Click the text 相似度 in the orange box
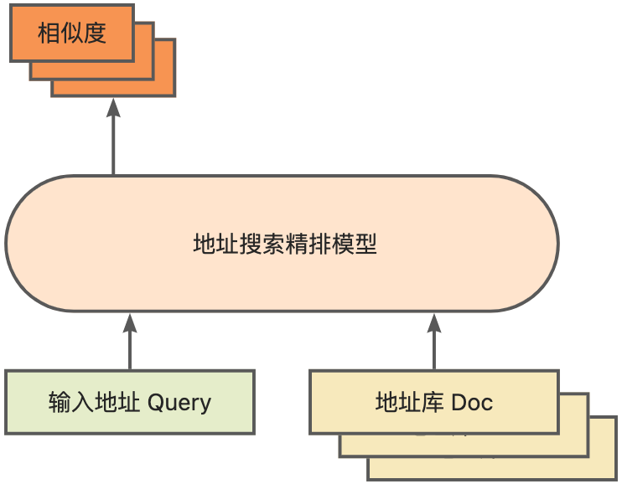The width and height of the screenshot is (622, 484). click(x=72, y=33)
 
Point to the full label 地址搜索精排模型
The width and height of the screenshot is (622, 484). click(x=284, y=245)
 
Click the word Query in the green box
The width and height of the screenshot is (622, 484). click(x=179, y=403)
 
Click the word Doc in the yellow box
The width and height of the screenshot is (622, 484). click(x=472, y=403)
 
